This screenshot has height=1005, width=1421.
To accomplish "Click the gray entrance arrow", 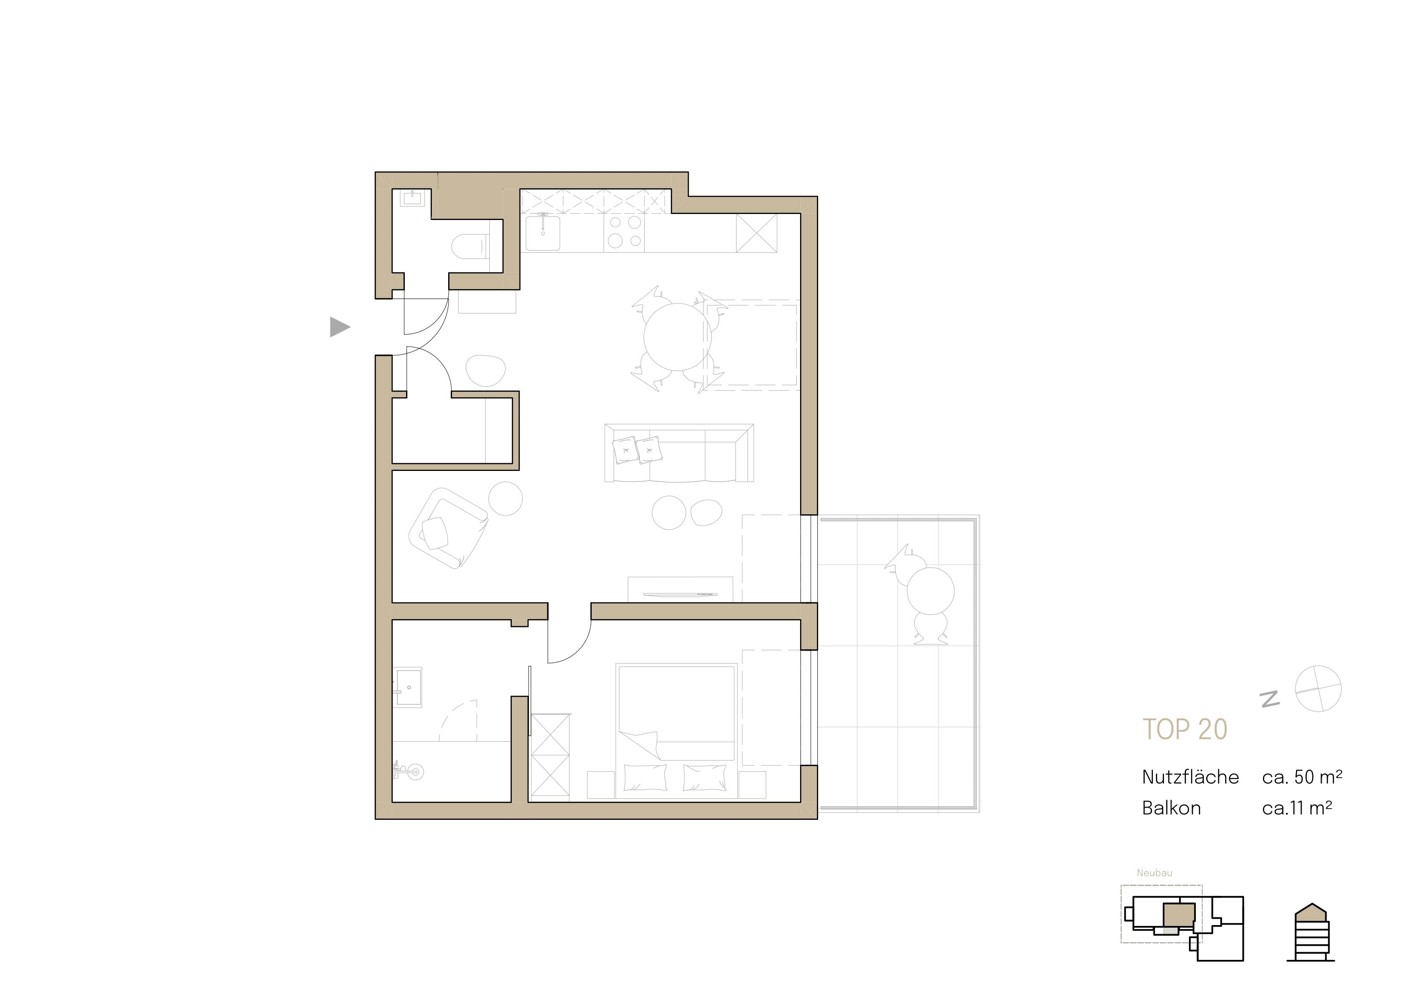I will pos(339,327).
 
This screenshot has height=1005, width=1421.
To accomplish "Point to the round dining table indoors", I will pos(677,337).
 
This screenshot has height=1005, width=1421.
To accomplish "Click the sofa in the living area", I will pos(679,454).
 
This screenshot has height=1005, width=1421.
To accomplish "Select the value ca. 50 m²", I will pos(1302,777).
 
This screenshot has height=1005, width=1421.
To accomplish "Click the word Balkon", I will pos(1171,808).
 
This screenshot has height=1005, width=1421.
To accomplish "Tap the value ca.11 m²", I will pos(1296,808).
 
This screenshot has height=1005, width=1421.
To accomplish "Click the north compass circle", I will pos(1318,689).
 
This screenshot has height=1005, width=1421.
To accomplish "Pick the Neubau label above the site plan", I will pos(1154,873).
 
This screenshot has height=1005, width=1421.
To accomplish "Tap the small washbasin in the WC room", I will pos(412,198).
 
